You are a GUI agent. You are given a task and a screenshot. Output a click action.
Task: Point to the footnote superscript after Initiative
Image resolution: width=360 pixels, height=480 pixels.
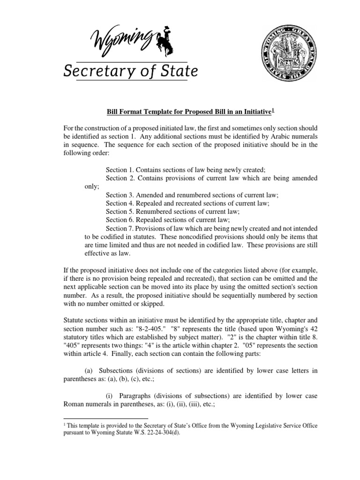tap(273, 110)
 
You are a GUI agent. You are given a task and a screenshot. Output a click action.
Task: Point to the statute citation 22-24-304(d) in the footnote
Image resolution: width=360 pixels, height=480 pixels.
tap(158, 433)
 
